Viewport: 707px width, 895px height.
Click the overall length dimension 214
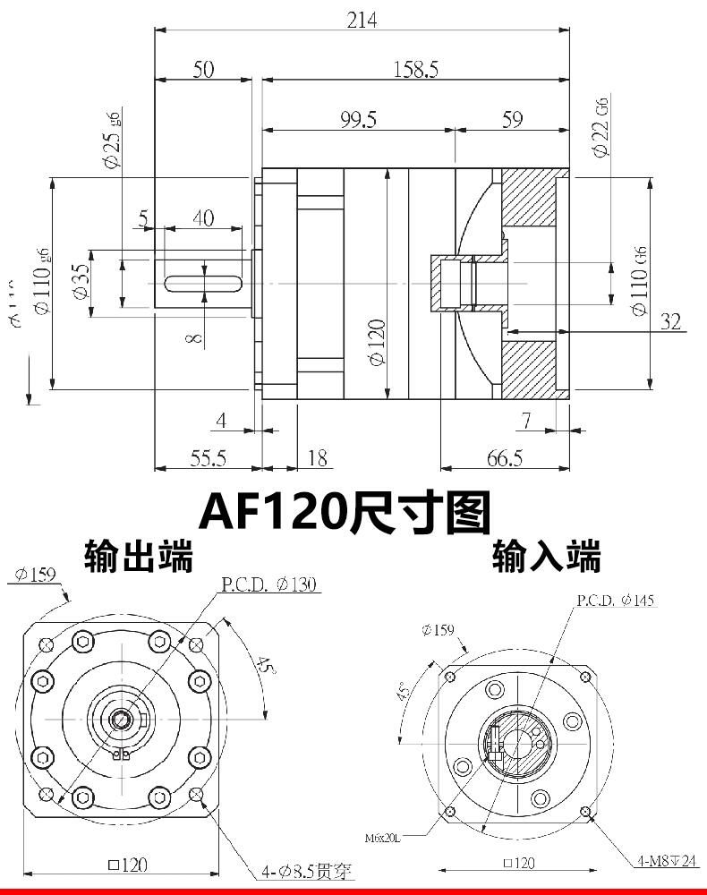coord(362,20)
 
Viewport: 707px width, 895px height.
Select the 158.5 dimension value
coord(415,70)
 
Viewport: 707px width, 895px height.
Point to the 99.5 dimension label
coord(359,120)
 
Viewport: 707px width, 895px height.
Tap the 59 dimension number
coord(512,120)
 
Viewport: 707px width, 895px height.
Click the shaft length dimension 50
coord(203,70)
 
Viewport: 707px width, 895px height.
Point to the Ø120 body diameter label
coord(376,341)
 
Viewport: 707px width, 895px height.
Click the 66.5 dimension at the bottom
coord(505,458)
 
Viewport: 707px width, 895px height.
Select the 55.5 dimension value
coord(208,458)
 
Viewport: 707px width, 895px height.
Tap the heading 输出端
coord(138,556)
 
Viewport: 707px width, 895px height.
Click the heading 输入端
coord(546,558)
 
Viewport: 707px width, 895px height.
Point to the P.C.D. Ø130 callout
coord(269,585)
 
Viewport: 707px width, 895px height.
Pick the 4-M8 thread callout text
coord(667,861)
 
